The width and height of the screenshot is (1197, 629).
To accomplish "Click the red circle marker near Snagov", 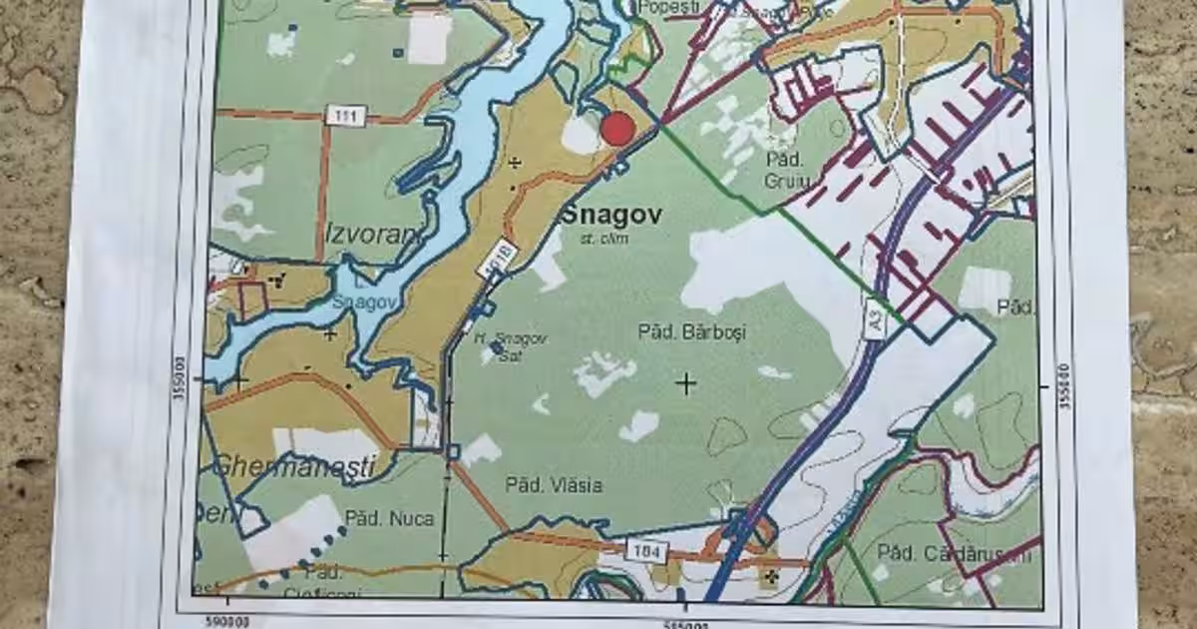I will (x=617, y=129).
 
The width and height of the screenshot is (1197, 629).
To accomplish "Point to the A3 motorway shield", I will (x=874, y=322).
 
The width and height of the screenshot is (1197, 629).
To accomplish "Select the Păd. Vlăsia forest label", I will (x=553, y=485).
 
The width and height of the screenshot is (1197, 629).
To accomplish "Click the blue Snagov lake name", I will (x=358, y=303).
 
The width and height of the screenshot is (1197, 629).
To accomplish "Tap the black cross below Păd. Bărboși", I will (x=685, y=382).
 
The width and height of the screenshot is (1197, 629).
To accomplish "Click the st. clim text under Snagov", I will (x=598, y=239).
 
